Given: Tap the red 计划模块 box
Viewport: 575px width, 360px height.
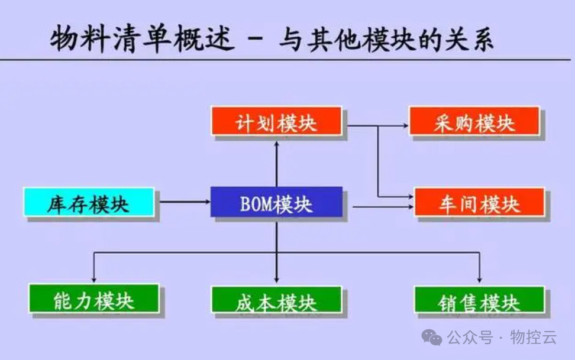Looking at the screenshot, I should (x=276, y=122).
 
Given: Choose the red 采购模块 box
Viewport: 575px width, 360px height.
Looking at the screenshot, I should (x=474, y=122).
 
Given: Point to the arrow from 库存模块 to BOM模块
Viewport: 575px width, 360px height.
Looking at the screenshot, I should (x=184, y=202).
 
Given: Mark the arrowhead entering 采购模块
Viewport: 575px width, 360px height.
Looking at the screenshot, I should (x=405, y=125).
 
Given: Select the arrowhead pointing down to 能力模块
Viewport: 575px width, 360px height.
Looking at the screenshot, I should (x=93, y=278).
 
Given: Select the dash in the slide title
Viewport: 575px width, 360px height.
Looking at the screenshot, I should (x=256, y=40).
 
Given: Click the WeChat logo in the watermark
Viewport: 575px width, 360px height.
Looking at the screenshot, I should (x=431, y=338).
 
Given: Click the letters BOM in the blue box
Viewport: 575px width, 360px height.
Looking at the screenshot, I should (x=255, y=204).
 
